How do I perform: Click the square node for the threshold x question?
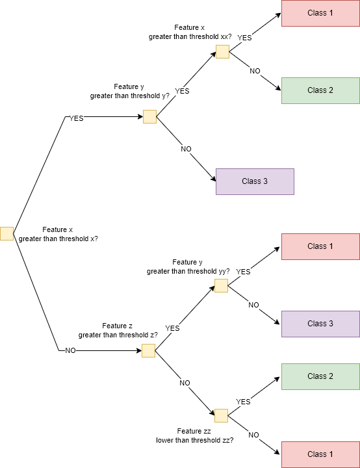(6, 233)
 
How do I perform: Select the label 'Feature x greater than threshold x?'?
(59, 234)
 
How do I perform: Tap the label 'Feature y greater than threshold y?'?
(130, 91)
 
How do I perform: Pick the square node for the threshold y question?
(149, 117)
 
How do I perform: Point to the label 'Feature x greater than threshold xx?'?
(190, 32)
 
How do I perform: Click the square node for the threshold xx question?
(222, 52)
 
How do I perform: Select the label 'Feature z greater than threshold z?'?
(118, 330)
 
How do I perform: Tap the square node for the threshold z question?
(148, 351)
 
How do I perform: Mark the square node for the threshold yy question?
(221, 286)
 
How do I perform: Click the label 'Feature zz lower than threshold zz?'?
(194, 435)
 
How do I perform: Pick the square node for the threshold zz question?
(221, 415)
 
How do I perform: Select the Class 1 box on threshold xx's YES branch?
(320, 13)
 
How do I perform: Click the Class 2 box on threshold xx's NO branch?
(320, 90)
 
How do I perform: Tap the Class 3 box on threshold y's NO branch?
(255, 181)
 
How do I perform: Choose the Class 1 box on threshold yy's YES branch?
(320, 246)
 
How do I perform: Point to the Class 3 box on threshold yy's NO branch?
(320, 324)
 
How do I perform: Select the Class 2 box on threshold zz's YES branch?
(320, 376)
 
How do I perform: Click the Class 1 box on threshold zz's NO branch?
(320, 454)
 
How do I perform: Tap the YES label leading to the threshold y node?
(77, 119)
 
